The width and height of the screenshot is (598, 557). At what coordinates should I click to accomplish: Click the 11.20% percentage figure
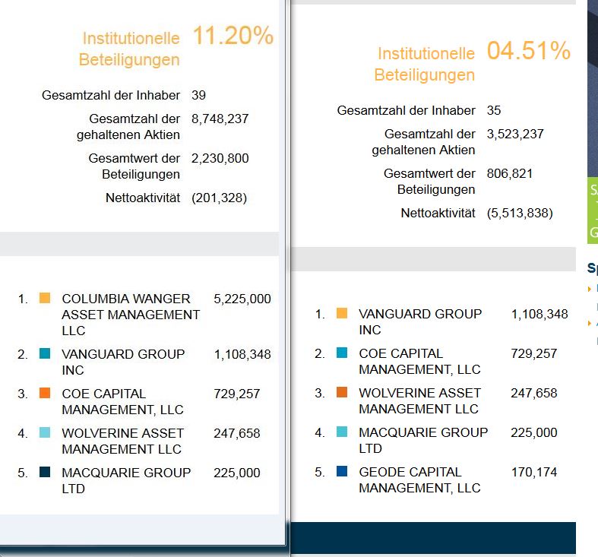(x=233, y=36)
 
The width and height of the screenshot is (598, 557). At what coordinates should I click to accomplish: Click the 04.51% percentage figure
(x=528, y=51)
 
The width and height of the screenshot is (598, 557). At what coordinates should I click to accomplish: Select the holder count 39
(x=198, y=95)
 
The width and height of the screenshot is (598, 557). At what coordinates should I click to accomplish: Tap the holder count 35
(x=494, y=110)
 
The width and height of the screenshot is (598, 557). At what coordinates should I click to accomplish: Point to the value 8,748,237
(x=220, y=119)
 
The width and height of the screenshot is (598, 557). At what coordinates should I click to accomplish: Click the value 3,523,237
(x=515, y=134)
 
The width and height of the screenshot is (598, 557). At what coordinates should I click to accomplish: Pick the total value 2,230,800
(x=220, y=158)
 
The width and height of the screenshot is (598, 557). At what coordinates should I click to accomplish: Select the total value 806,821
(x=510, y=173)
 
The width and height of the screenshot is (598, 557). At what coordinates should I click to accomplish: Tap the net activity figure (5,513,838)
(x=520, y=213)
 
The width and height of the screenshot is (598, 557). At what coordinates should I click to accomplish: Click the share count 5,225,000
(x=242, y=299)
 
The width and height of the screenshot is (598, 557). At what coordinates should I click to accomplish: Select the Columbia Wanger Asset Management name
(x=130, y=315)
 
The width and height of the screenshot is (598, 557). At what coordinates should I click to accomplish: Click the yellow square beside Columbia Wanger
(x=45, y=299)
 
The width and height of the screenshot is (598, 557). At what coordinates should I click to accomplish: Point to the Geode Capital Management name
(x=419, y=479)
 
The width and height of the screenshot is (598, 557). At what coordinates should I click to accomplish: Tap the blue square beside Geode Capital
(x=342, y=472)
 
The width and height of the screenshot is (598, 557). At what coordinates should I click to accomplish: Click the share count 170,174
(x=534, y=472)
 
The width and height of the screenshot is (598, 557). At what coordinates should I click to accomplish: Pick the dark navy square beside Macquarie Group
(x=45, y=473)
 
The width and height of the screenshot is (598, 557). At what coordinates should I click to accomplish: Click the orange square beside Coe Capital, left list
(x=45, y=394)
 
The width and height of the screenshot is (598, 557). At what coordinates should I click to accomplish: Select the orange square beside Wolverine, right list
(x=342, y=393)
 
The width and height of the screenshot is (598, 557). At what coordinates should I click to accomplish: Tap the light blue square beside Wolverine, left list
(x=45, y=433)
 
